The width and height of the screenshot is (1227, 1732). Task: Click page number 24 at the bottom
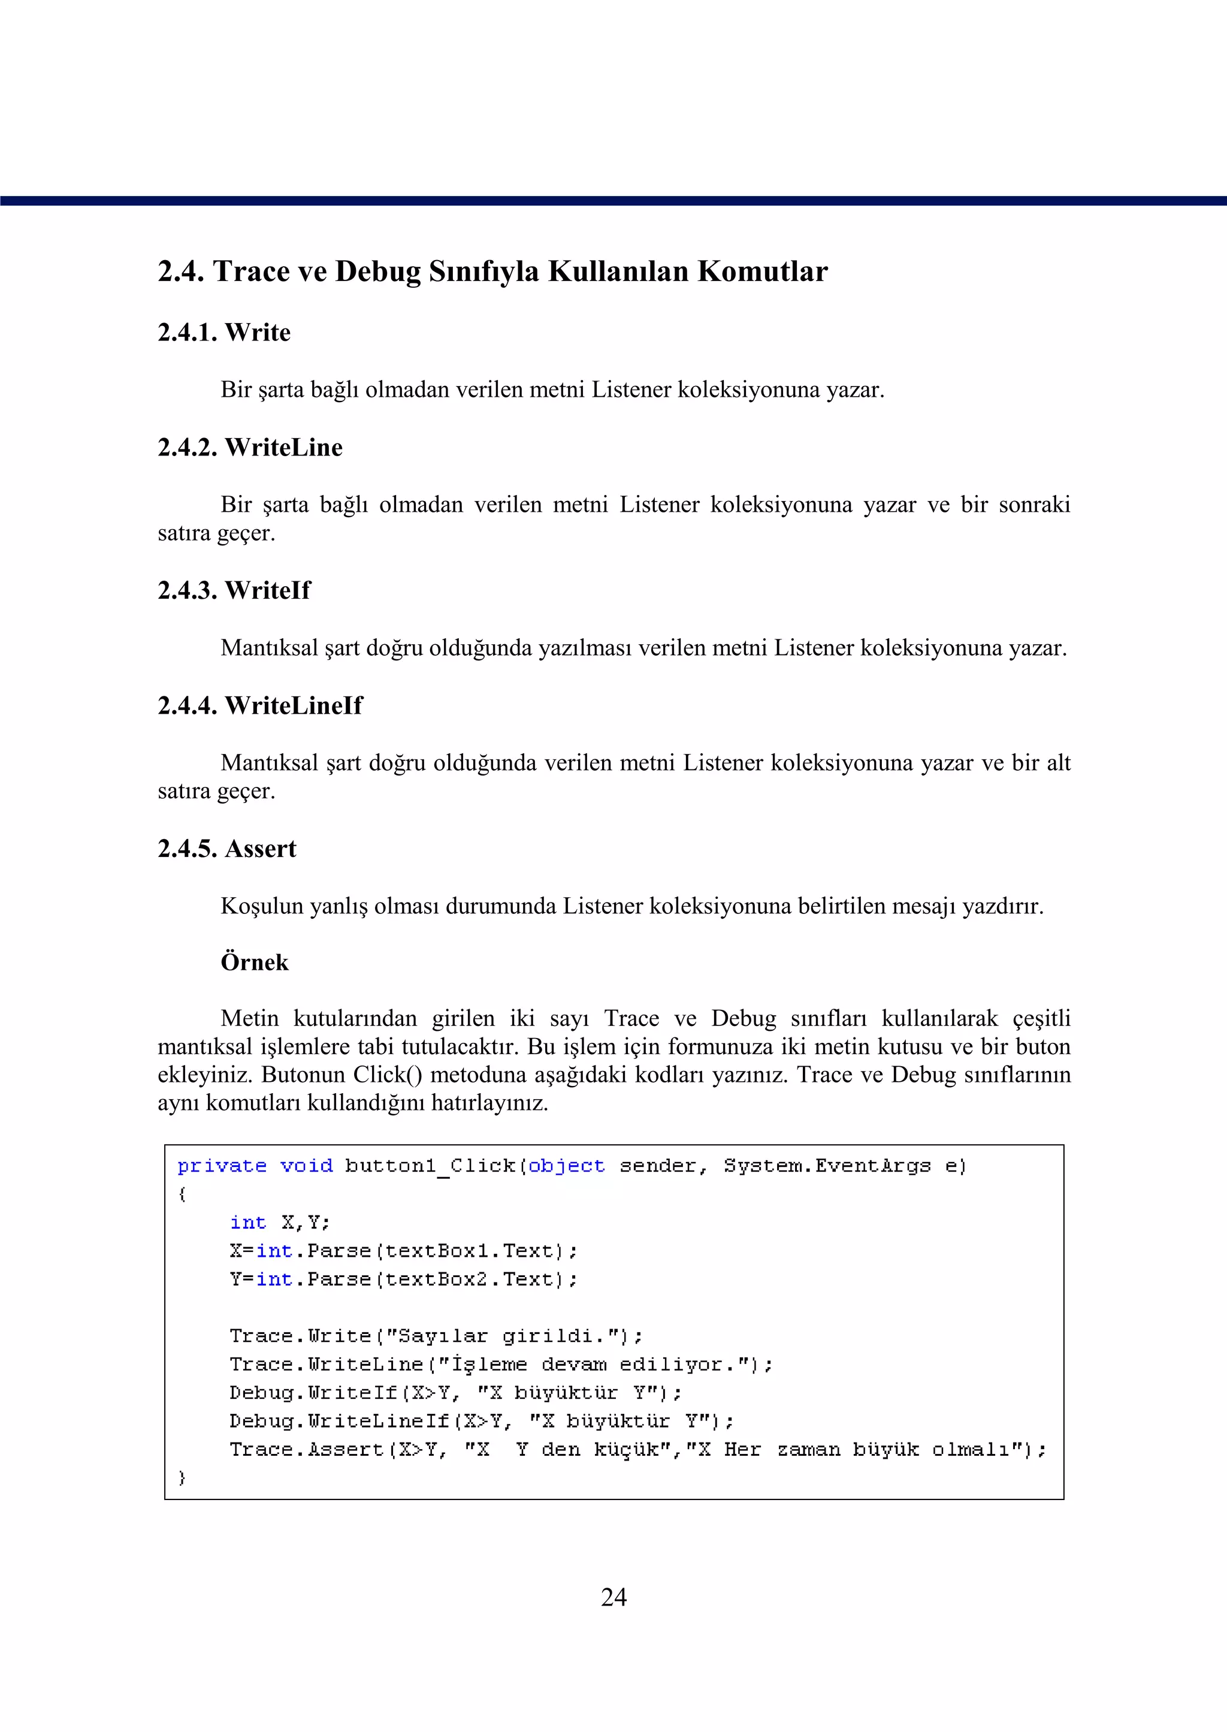pyautogui.click(x=613, y=1597)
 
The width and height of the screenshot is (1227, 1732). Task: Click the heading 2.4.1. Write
pyautogui.click(x=223, y=333)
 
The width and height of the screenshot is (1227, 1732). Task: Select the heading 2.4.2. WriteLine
pyautogui.click(x=249, y=447)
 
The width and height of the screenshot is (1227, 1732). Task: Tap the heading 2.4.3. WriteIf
pyautogui.click(x=234, y=590)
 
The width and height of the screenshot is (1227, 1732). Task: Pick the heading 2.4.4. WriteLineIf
pyautogui.click(x=259, y=706)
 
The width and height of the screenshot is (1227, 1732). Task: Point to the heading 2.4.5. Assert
pyautogui.click(x=226, y=849)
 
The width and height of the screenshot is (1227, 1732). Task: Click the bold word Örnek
pyautogui.click(x=254, y=962)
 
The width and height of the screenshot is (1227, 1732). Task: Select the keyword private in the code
pyautogui.click(x=221, y=1166)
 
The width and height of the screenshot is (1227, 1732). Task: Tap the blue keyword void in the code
pyautogui.click(x=306, y=1166)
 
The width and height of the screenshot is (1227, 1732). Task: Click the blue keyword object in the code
pyautogui.click(x=566, y=1166)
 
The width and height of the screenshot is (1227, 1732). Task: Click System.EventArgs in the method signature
pyautogui.click(x=827, y=1166)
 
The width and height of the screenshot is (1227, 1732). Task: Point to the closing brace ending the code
pyautogui.click(x=182, y=1477)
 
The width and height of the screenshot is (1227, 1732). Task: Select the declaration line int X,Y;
pyautogui.click(x=280, y=1223)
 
